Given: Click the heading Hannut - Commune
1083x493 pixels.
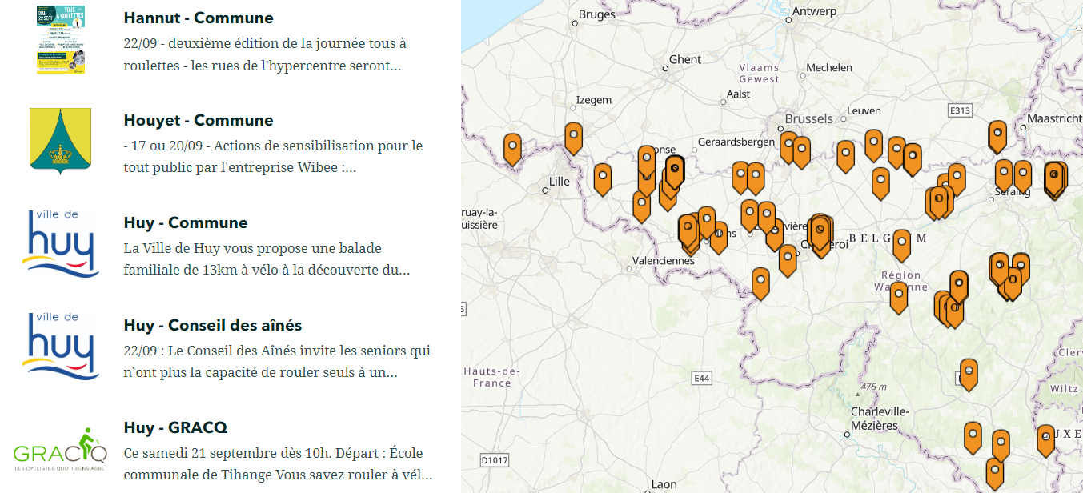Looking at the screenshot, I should (x=199, y=18).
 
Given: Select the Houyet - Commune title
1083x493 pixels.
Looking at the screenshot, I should (x=199, y=120).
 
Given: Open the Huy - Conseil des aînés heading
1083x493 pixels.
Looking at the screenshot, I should (x=213, y=325).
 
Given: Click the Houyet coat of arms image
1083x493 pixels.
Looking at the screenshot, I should (x=60, y=141).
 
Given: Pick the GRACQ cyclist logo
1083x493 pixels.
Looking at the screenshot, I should (x=60, y=449).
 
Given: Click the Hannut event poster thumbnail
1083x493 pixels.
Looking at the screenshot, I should (x=60, y=39).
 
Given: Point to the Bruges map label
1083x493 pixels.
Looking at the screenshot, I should (x=597, y=14).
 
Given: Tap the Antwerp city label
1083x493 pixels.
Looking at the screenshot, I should (x=814, y=11).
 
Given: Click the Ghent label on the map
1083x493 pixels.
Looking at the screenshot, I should (x=685, y=59).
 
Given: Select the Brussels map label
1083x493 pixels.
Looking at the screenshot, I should (x=809, y=118).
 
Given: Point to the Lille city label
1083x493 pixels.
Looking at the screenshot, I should (x=560, y=182).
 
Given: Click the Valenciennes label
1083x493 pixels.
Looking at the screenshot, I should (x=664, y=260).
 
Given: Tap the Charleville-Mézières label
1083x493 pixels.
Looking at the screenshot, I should (x=880, y=419).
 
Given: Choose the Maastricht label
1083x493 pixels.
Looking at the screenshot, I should (x=1054, y=118).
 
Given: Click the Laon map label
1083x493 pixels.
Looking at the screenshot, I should (x=664, y=484).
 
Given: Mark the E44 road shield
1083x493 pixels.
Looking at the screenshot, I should (x=702, y=378).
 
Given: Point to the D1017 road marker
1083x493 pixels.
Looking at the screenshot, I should (x=495, y=460).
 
